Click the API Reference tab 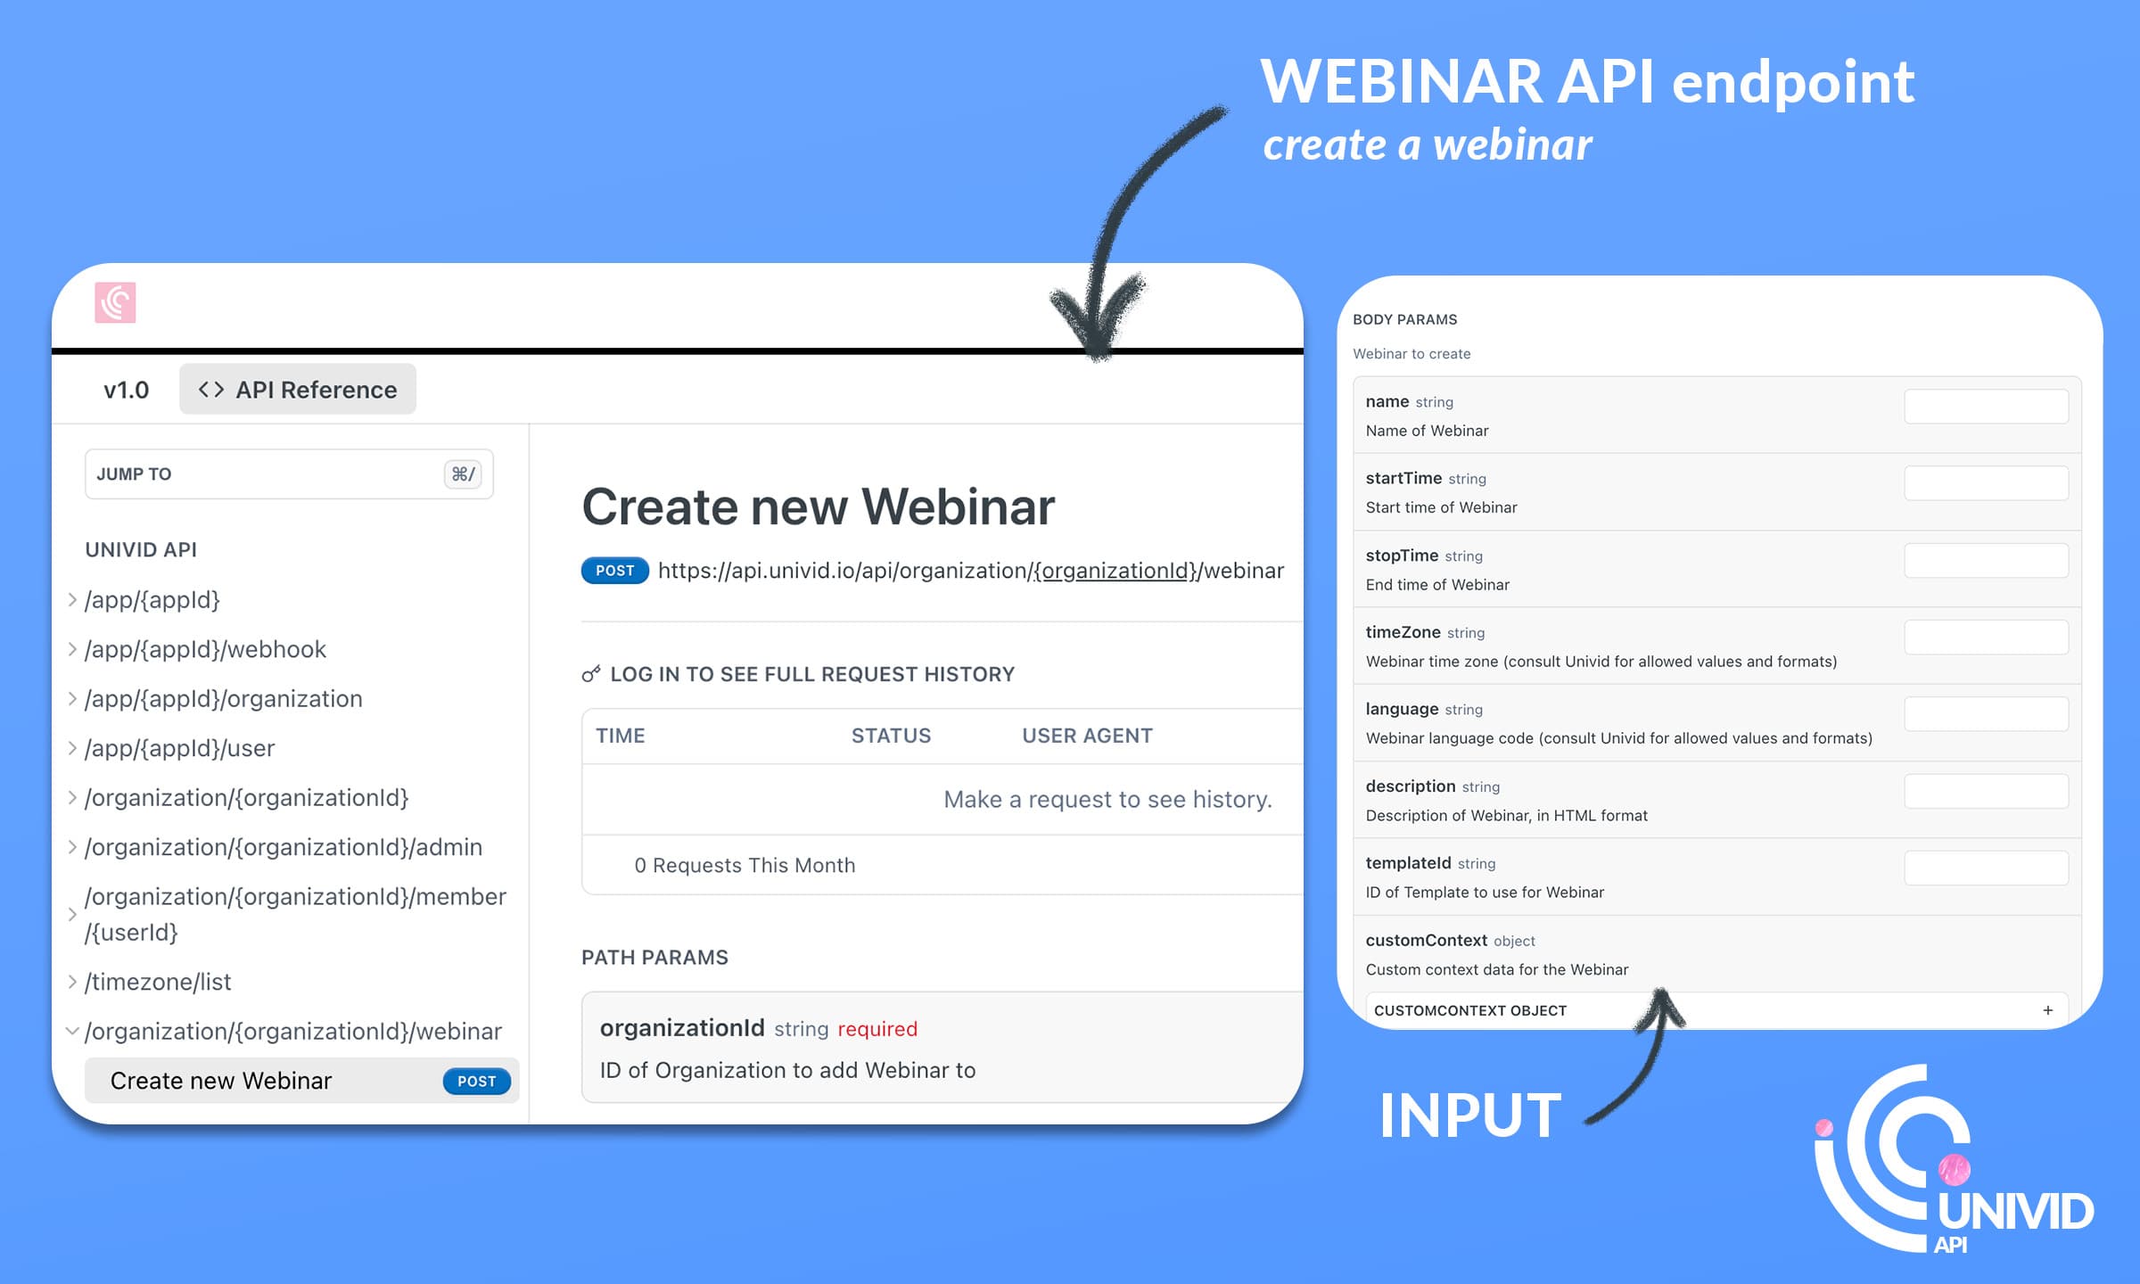298,390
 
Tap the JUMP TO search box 289,474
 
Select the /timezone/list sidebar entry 158,982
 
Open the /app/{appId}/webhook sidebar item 205,649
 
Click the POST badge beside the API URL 615,571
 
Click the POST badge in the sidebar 477,1081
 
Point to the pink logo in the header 115,302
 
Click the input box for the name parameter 1986,407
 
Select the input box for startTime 1986,483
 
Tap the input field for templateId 1986,868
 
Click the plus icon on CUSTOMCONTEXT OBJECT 2048,1010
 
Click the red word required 877,1029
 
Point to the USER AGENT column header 1087,736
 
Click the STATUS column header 891,736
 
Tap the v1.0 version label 126,390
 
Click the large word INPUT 1470,1115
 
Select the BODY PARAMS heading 1405,319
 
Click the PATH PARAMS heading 654,958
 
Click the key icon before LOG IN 590,674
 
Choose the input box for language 1986,714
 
